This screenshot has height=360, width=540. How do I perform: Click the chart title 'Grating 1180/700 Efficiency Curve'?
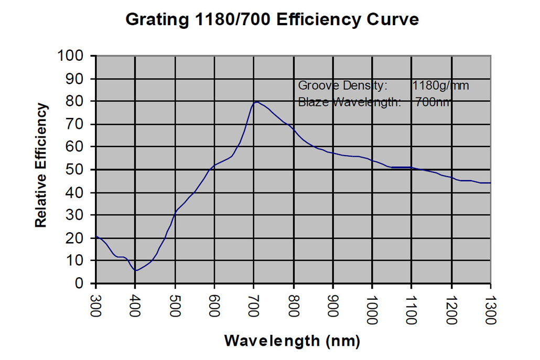(x=273, y=20)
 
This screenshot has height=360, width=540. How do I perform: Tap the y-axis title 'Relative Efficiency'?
(x=41, y=166)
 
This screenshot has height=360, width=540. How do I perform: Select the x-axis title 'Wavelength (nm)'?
(x=292, y=341)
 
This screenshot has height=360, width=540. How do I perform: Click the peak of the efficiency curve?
(x=256, y=102)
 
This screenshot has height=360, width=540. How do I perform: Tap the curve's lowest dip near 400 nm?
(x=135, y=270)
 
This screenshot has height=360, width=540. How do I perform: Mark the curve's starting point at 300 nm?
(x=96, y=236)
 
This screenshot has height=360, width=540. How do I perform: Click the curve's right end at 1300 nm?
(x=490, y=183)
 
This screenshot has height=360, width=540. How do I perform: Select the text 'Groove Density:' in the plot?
(x=342, y=85)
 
